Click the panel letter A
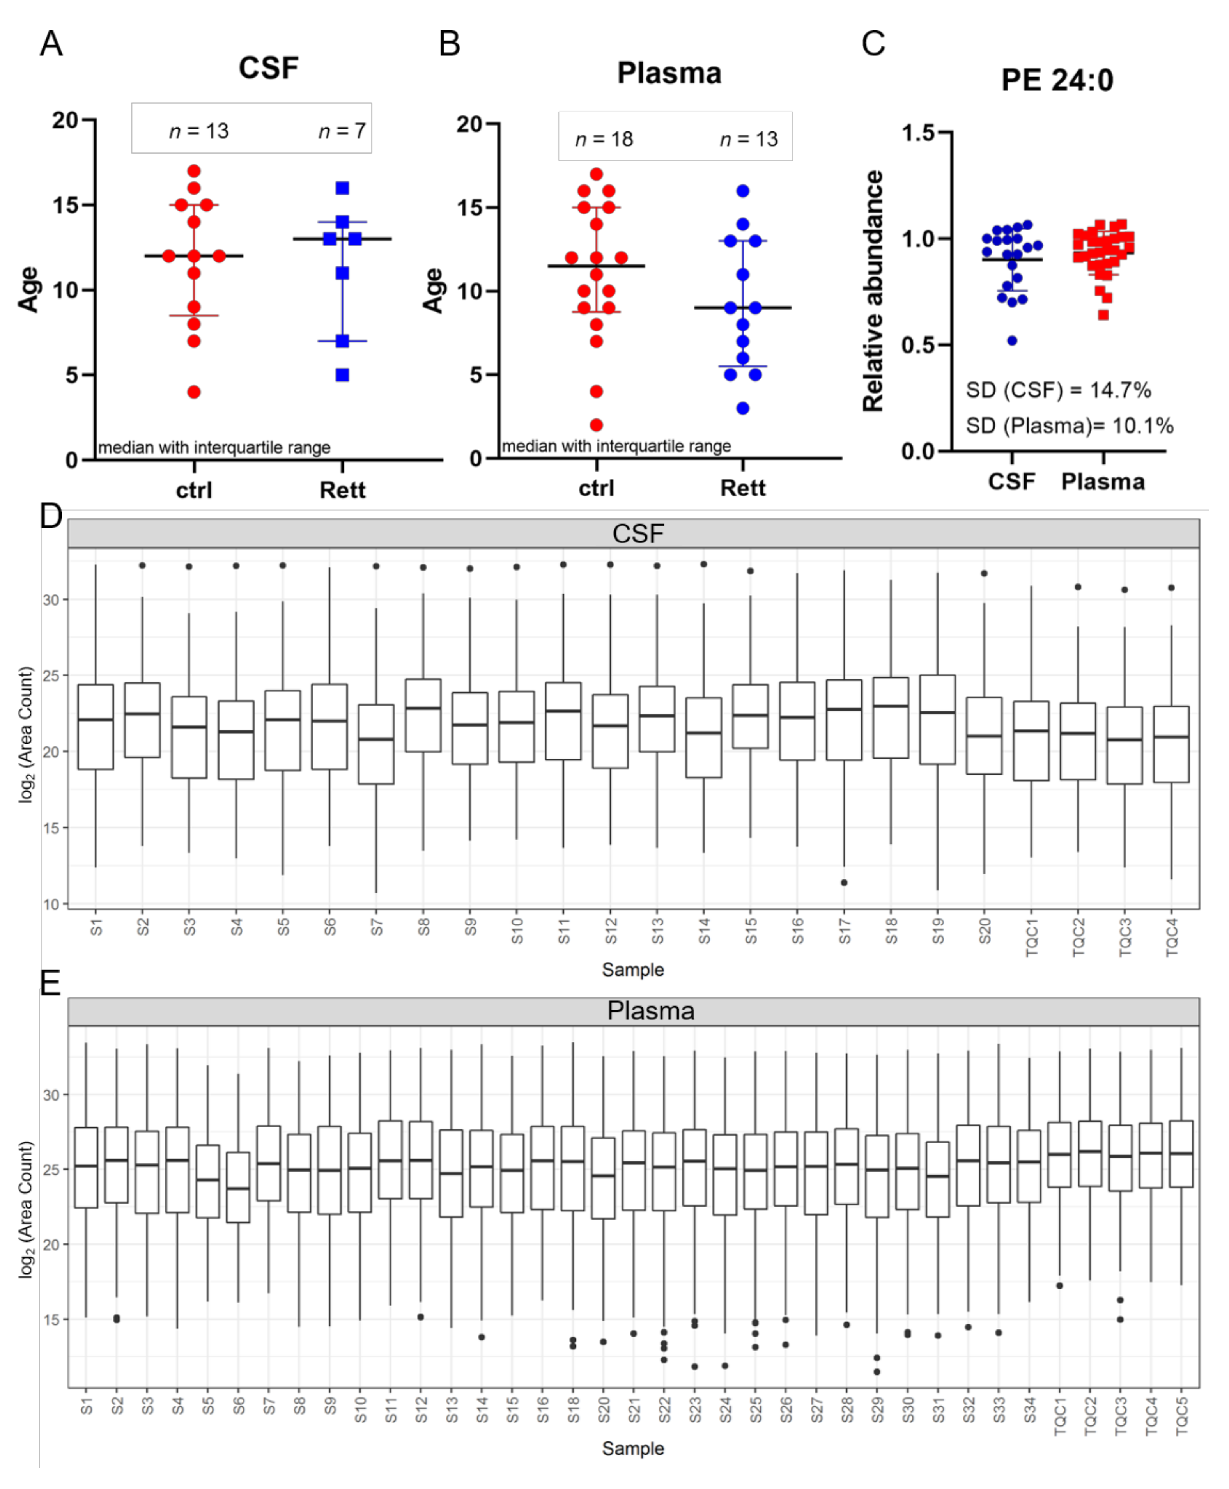[x=51, y=44]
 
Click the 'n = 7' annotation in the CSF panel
[x=342, y=131]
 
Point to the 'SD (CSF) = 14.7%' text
[x=1058, y=390]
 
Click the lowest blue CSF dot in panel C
[x=1012, y=340]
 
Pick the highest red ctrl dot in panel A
[x=194, y=171]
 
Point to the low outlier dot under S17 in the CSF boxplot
[x=844, y=882]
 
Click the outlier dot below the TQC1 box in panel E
[x=1059, y=1286]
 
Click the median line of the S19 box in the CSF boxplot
[x=937, y=712]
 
